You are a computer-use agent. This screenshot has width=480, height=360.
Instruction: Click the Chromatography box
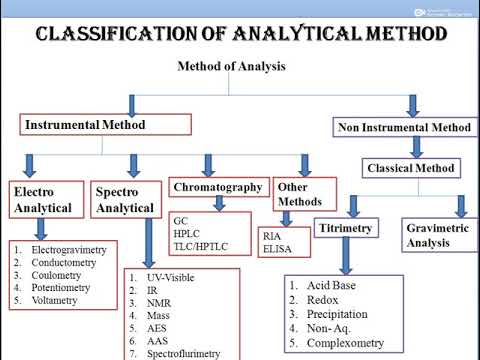[x=218, y=187]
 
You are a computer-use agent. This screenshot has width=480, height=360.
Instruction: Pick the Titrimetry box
[x=346, y=229]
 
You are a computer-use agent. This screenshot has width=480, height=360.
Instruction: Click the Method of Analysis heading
[x=231, y=67]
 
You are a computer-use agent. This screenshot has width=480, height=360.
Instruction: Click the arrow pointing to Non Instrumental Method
[x=412, y=105]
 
